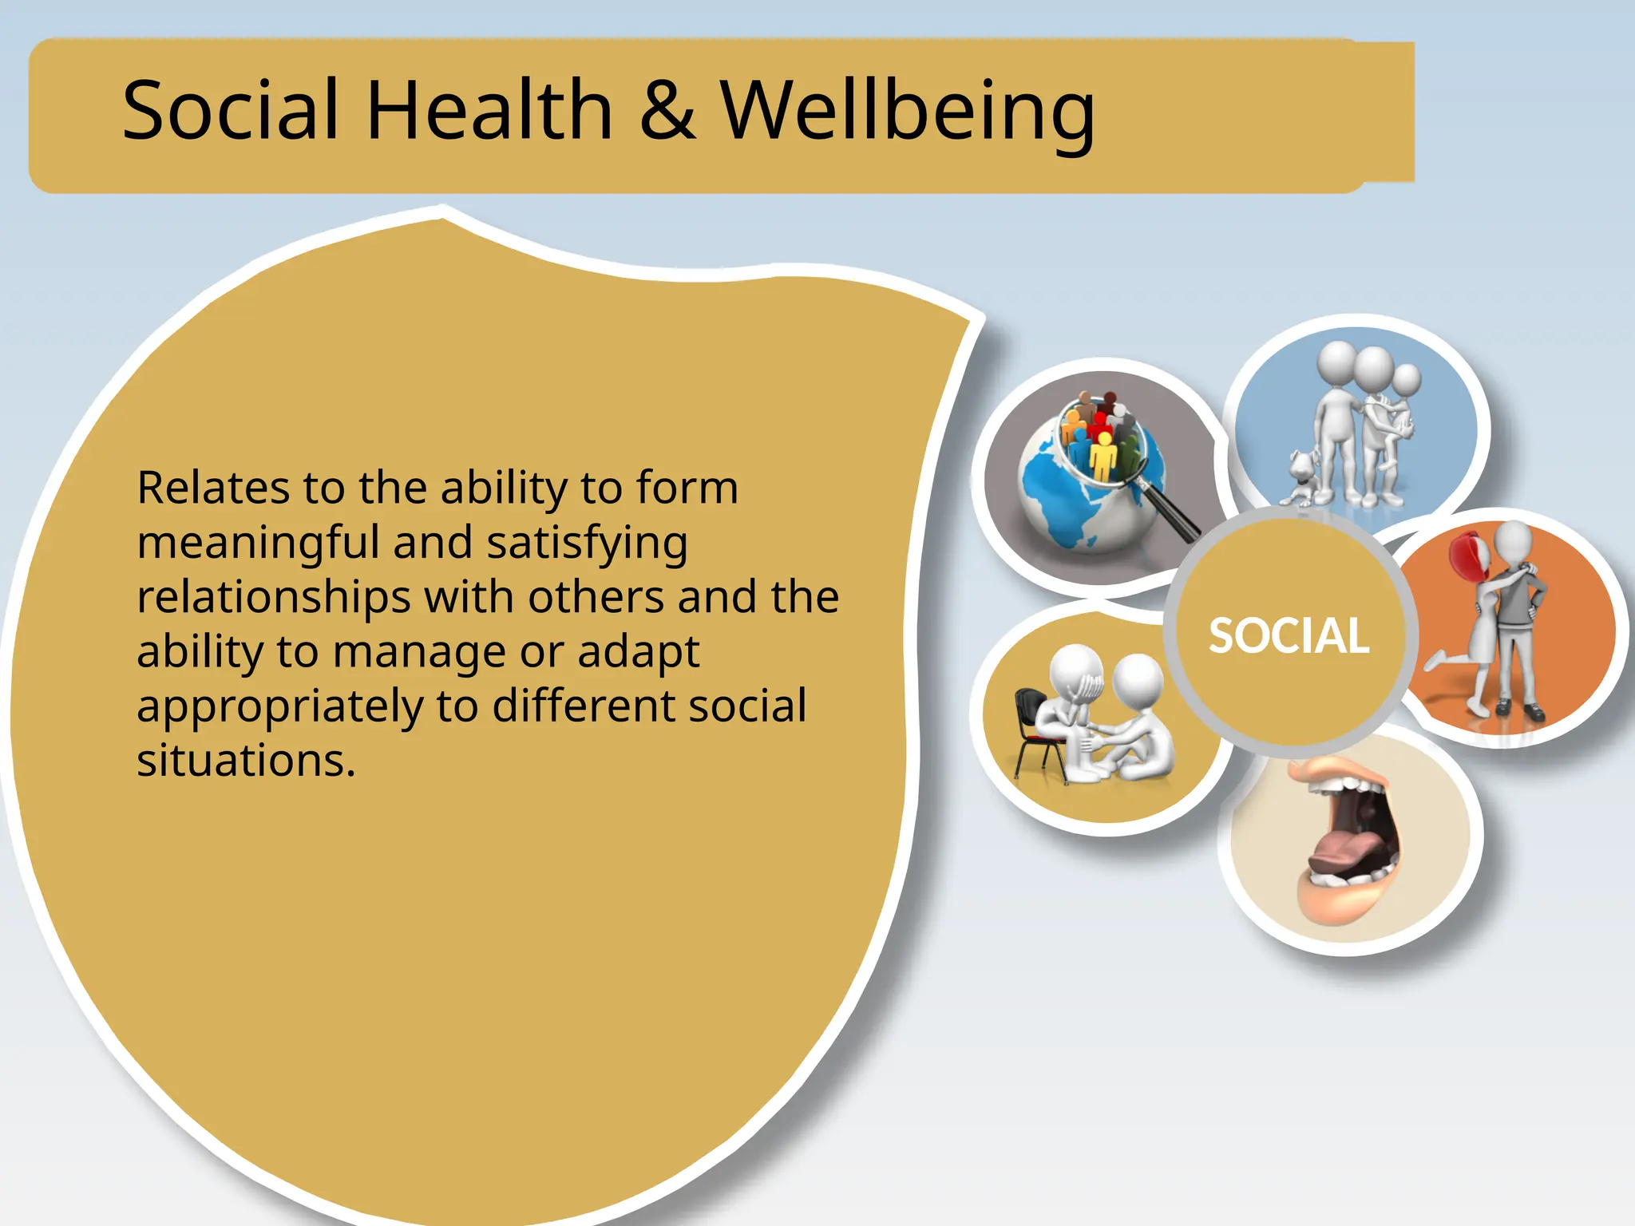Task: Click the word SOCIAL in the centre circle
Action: (x=1289, y=636)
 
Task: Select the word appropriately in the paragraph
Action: (x=279, y=707)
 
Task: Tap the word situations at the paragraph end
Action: (x=245, y=761)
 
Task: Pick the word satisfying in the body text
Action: (x=587, y=544)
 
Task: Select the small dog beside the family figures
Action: (x=1300, y=479)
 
